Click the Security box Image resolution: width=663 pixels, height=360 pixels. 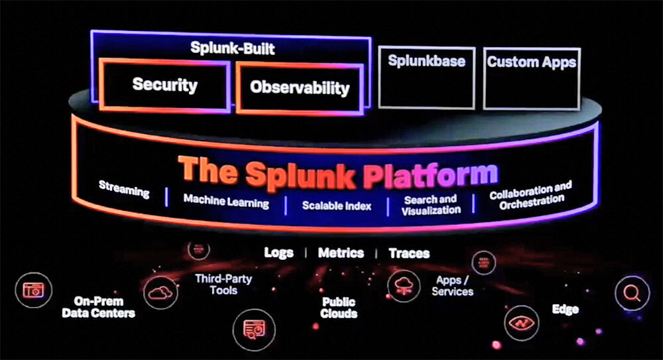(164, 85)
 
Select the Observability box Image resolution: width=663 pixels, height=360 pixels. (300, 88)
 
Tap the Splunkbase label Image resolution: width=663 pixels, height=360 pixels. (426, 62)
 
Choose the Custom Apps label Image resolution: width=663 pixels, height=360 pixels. (531, 62)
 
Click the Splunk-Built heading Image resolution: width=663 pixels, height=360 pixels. (232, 48)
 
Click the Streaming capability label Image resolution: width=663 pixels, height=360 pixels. (124, 189)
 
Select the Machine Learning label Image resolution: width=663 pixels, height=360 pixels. (226, 201)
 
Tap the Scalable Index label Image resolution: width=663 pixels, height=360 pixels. (337, 206)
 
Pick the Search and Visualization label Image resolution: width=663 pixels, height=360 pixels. (430, 204)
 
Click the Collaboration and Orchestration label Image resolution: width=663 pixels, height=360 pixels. (530, 196)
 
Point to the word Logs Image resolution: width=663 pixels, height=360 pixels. (278, 253)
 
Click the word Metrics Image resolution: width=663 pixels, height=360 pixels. (341, 253)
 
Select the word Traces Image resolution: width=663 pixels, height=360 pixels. (409, 253)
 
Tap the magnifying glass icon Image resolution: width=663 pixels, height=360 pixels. (632, 293)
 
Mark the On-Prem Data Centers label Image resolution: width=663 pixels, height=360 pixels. (98, 306)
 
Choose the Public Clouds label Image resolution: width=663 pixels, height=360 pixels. (339, 308)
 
